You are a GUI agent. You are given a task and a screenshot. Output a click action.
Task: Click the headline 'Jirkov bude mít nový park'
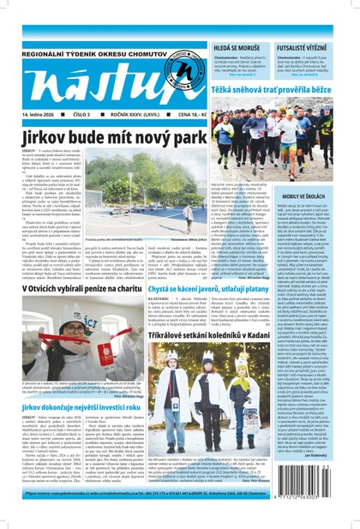point(117,137)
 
